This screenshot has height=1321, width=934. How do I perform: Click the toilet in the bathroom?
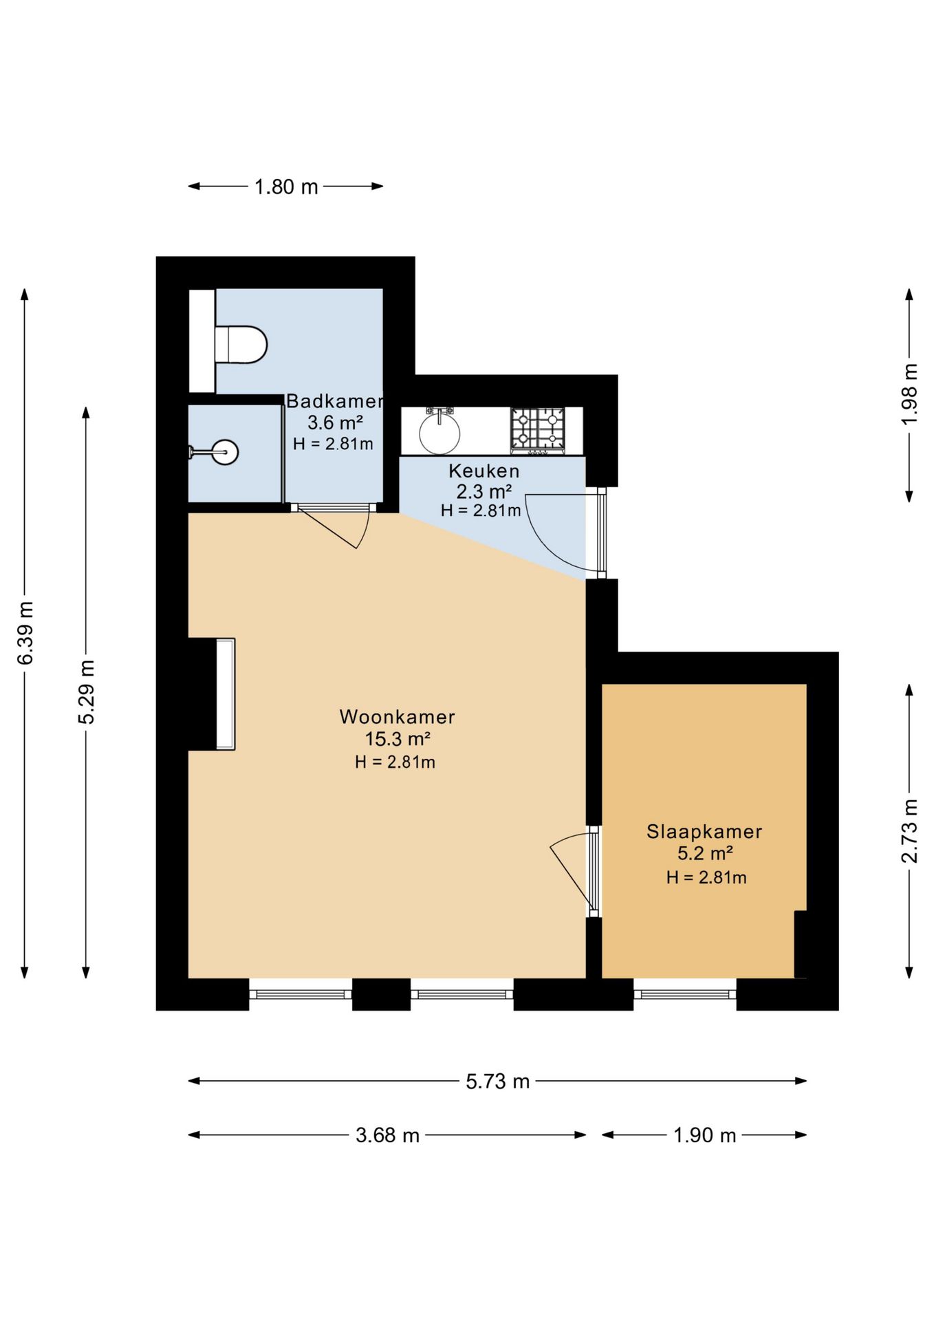(x=241, y=345)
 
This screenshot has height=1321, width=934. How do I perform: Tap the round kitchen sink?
(x=439, y=431)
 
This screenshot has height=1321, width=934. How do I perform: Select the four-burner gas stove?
(x=537, y=430)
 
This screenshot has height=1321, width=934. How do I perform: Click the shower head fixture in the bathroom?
(x=214, y=452)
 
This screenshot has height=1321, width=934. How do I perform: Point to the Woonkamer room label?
(x=398, y=717)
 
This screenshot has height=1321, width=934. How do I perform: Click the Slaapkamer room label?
(x=704, y=832)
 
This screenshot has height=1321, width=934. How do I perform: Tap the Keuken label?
(x=484, y=471)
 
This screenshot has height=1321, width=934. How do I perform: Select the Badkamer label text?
(x=334, y=401)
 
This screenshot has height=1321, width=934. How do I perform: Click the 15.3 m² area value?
(x=398, y=739)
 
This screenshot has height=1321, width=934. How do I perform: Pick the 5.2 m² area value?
(x=705, y=854)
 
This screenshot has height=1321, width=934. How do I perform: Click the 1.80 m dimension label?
(x=286, y=187)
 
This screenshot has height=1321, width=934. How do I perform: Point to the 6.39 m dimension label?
(x=25, y=633)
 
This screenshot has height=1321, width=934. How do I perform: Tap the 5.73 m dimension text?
(x=497, y=1082)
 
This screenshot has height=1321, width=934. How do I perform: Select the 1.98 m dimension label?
(x=909, y=394)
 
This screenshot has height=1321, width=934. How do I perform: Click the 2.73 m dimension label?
(x=909, y=831)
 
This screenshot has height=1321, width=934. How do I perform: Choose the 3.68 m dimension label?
(x=387, y=1135)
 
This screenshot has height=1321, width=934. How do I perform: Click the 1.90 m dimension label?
(x=704, y=1135)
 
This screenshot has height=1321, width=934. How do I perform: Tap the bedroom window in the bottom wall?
(x=685, y=994)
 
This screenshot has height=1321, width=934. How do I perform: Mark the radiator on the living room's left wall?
(x=226, y=694)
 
